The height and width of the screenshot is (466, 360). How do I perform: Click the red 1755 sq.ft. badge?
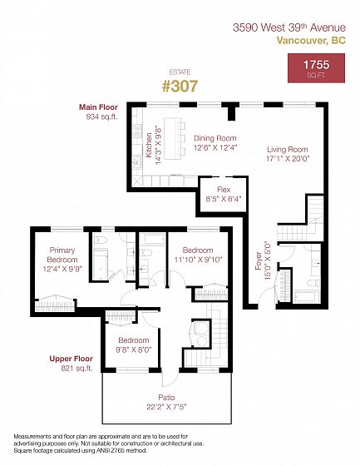[x=316, y=68]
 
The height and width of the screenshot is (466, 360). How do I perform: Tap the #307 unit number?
[x=180, y=87]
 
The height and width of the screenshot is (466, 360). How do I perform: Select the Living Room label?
[x=287, y=150]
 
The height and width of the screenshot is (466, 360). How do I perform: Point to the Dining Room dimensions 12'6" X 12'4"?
[x=215, y=148]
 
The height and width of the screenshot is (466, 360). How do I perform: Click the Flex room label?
[x=224, y=190]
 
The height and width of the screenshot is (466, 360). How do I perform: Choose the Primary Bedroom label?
[x=62, y=255]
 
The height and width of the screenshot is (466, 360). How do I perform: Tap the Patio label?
[x=166, y=398]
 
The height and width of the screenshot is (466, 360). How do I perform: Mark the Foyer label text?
[x=259, y=261]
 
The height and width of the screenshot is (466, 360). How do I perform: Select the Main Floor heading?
[x=98, y=107]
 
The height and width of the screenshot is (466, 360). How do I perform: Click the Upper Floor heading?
[x=71, y=359]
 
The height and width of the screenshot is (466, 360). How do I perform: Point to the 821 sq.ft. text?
[x=76, y=369]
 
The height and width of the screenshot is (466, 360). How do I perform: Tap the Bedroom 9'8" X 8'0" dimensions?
[x=134, y=349]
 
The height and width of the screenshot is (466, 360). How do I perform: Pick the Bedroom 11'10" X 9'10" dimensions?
[x=198, y=260]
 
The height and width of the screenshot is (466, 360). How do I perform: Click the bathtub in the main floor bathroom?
[x=307, y=296]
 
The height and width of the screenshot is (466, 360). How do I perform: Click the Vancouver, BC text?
[x=311, y=41]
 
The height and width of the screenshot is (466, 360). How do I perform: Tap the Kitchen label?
[x=149, y=145]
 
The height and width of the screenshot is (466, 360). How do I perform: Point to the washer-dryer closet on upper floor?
[x=201, y=334]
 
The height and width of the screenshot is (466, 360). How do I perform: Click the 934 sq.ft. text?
[x=102, y=116]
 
